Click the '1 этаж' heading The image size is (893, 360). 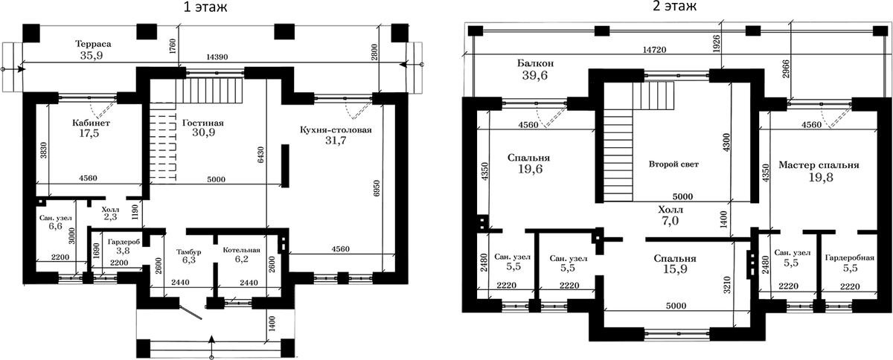[x=205, y=7]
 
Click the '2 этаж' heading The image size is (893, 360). [x=674, y=7]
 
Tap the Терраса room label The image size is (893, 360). [x=93, y=44]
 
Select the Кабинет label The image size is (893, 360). [x=91, y=123]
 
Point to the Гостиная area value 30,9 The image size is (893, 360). [x=204, y=132]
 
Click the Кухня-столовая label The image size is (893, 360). [x=336, y=130]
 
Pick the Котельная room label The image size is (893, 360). [x=242, y=250]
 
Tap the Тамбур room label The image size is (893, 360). [x=188, y=252]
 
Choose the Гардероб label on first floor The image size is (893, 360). [x=124, y=242]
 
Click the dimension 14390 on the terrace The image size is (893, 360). [x=217, y=57]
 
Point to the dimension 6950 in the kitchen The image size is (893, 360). [x=377, y=193]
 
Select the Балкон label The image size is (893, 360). [x=535, y=63]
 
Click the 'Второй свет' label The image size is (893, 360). [x=673, y=164]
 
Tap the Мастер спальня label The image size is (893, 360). [x=819, y=165]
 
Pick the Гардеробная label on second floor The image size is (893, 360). [x=850, y=257]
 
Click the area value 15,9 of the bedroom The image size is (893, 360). [x=675, y=269]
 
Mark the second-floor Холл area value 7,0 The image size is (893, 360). [x=670, y=220]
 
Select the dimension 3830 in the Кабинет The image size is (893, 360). [x=44, y=150]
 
